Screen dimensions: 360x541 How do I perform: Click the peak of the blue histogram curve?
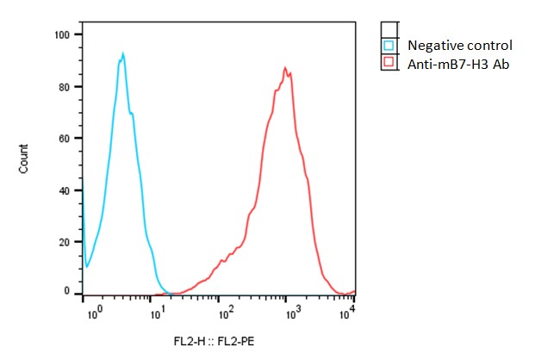(x=123, y=54)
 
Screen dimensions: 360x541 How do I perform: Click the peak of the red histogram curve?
(x=285, y=68)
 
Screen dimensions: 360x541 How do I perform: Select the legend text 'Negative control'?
(x=459, y=46)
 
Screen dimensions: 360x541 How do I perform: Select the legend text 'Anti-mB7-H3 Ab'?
(x=457, y=63)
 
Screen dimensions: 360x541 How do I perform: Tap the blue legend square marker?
(x=389, y=46)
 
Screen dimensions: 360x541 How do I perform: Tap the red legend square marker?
(x=389, y=62)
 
